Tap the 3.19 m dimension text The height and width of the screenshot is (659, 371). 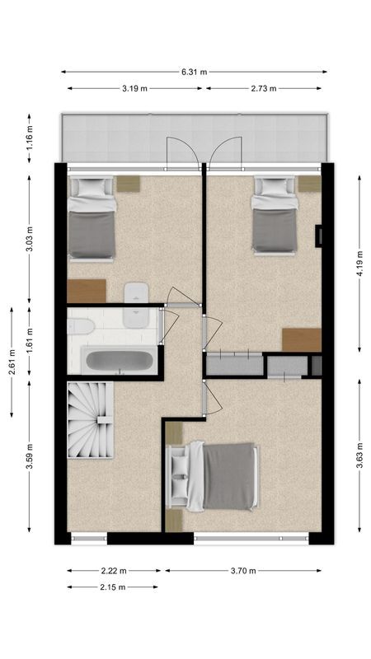(x=135, y=88)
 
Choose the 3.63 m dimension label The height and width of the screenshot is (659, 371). (x=359, y=456)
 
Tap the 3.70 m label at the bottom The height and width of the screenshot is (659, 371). (x=245, y=570)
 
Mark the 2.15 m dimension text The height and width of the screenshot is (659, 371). (x=112, y=587)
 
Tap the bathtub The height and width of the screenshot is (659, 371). (x=120, y=361)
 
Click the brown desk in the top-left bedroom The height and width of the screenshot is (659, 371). (x=87, y=291)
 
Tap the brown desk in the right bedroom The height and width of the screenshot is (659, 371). (x=301, y=339)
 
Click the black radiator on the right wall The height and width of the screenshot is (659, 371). (x=318, y=236)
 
